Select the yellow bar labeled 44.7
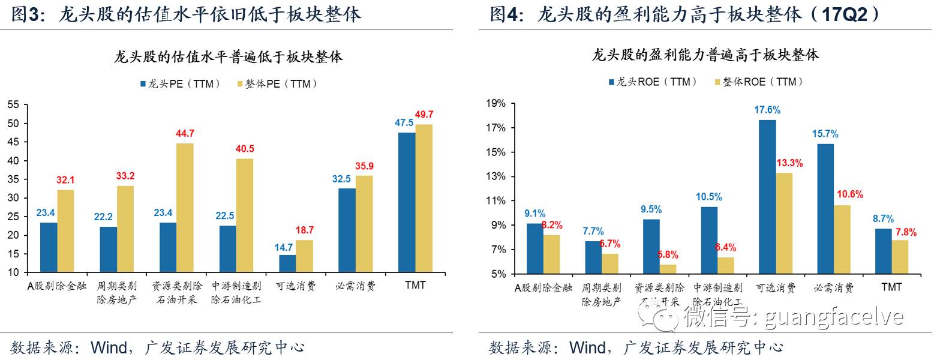click(185, 208)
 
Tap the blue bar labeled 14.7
click(287, 263)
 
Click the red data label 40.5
click(245, 149)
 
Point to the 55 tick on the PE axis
click(13, 105)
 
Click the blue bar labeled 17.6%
click(767, 197)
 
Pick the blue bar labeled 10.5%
click(709, 240)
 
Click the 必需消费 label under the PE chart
click(356, 286)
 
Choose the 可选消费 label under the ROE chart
click(776, 287)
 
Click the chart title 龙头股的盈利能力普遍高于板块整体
click(705, 56)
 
